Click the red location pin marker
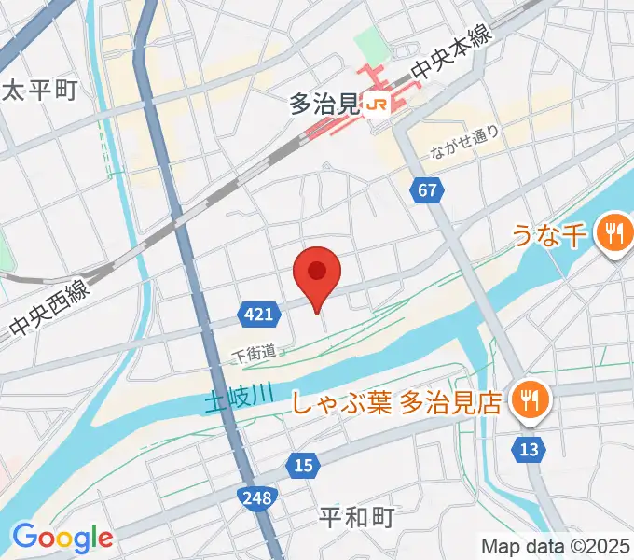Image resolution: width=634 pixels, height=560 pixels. coord(317,273)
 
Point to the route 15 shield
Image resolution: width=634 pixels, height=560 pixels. coord(302,465)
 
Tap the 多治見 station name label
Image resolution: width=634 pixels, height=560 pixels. coord(324,105)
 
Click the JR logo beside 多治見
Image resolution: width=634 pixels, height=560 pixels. coord(378,105)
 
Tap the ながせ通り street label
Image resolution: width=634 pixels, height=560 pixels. coord(465,141)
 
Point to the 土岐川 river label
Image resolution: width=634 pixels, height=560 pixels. coord(239,399)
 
